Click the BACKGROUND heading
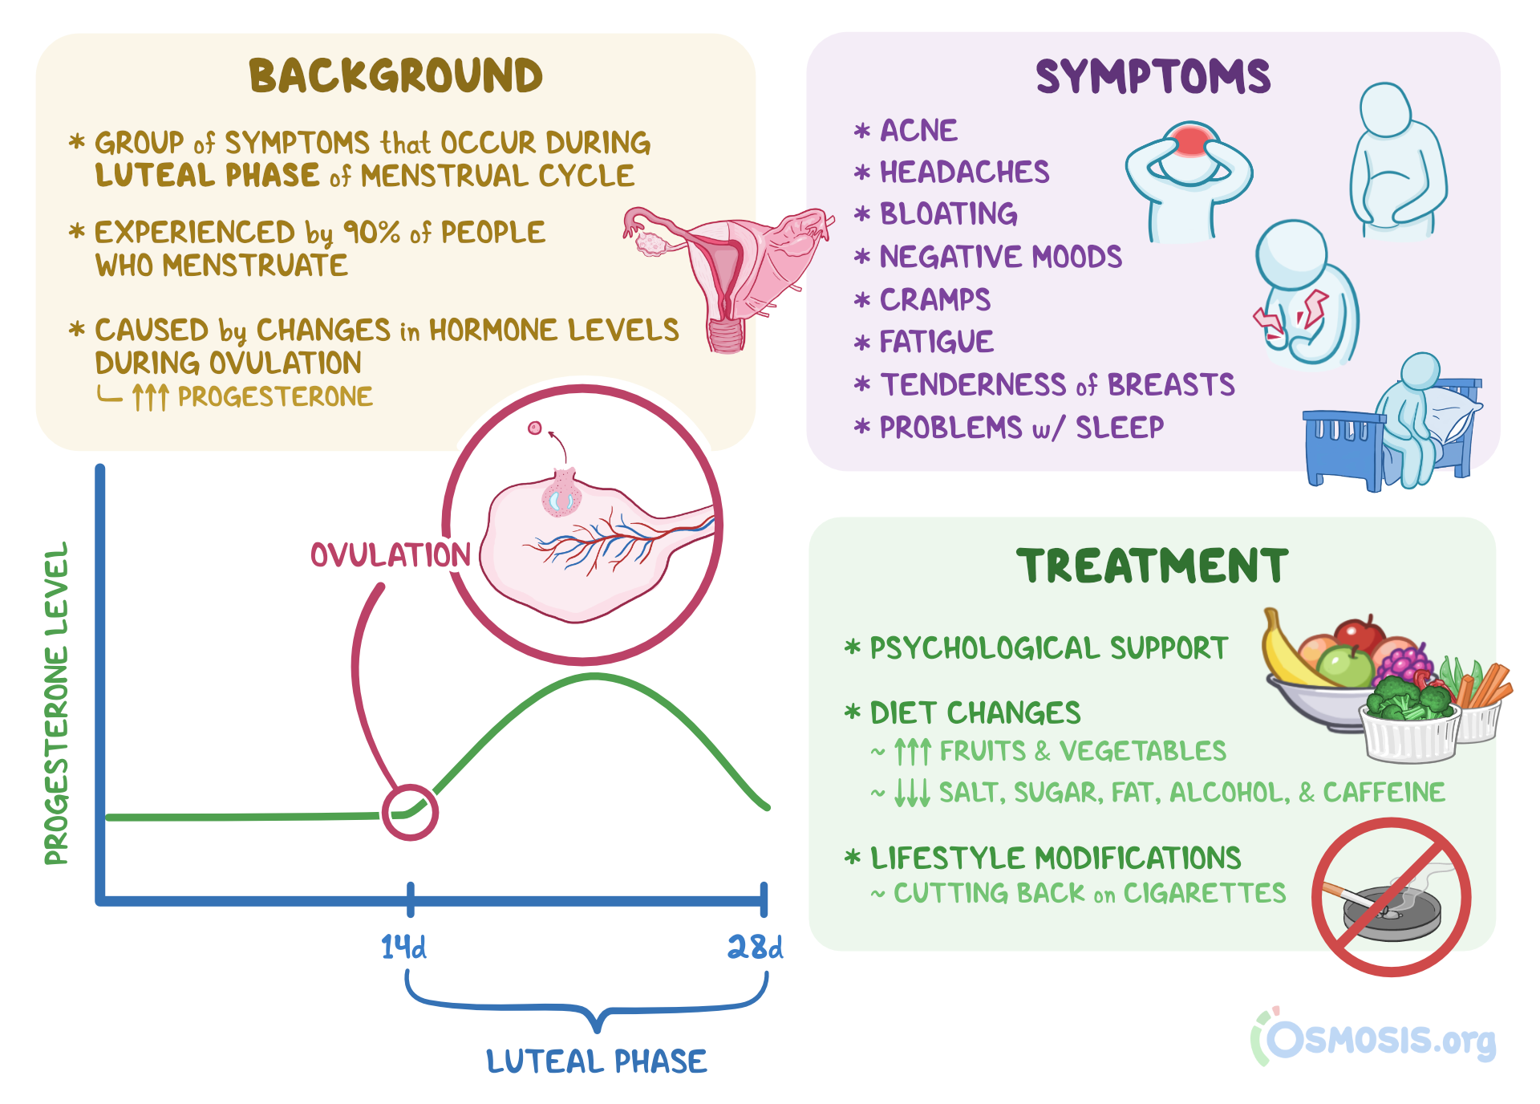[x=395, y=76]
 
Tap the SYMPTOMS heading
[x=1153, y=77]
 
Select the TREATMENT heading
[x=1152, y=566]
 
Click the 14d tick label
[x=403, y=948]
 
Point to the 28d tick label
[x=755, y=948]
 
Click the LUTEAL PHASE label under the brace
[x=597, y=1061]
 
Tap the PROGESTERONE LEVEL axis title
[x=56, y=703]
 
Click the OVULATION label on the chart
[x=391, y=555]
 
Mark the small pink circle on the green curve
[x=410, y=812]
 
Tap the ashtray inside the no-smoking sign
[x=1392, y=915]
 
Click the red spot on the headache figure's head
[x=1191, y=140]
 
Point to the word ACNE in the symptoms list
[x=919, y=130]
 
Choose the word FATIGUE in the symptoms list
[x=937, y=342]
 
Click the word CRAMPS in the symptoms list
[x=935, y=300]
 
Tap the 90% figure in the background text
[x=371, y=233]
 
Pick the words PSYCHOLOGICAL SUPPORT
[x=1048, y=648]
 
